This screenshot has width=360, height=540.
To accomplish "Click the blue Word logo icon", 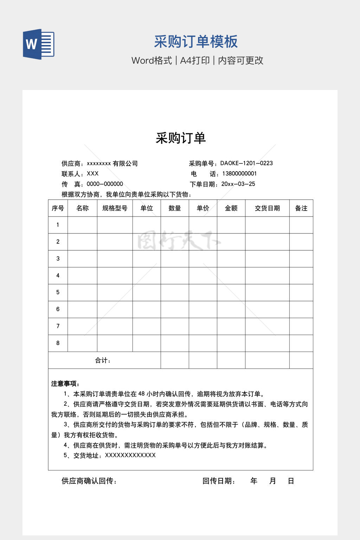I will tap(39, 44).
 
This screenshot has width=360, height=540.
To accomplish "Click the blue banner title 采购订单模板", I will tap(196, 41).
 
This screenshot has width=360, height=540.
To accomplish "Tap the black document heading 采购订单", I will tap(180, 138).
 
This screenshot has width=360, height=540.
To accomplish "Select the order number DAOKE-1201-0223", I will tap(246, 163).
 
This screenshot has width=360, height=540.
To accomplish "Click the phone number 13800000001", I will tap(239, 174).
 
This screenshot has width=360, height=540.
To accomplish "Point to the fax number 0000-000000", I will tap(105, 184).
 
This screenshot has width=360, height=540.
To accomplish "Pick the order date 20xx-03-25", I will tap(238, 184).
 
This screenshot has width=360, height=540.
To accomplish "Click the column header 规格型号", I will tap(115, 208).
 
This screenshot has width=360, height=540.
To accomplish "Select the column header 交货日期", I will tap(267, 208).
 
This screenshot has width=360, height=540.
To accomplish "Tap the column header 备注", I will tap(301, 208).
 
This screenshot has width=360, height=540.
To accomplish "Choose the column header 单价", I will tap(203, 208).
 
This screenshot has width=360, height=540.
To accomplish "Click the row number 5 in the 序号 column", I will tap(58, 292).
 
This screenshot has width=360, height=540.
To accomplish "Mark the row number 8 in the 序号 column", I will tap(58, 343).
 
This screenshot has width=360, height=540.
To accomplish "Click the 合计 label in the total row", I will tap(103, 360).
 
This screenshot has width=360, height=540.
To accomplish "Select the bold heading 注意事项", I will tap(65, 384).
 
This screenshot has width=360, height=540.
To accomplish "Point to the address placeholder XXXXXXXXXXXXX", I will tap(130, 455).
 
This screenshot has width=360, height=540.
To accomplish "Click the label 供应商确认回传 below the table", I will tap(89, 481).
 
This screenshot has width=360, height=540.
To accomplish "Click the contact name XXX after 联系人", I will tap(92, 174).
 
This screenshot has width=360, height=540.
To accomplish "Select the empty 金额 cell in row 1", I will tap(231, 225).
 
